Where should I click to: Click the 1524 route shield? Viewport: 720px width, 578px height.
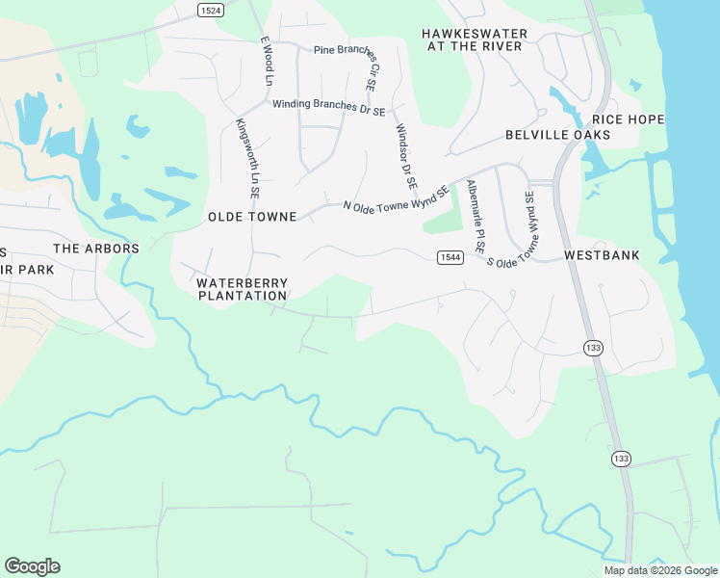pyautogui.click(x=210, y=10)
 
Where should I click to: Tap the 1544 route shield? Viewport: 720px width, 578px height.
pyautogui.click(x=450, y=256)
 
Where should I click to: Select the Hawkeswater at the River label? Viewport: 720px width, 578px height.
pyautogui.click(x=475, y=39)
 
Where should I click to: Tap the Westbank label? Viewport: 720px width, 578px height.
pyautogui.click(x=601, y=256)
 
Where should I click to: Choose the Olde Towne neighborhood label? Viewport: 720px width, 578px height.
pyautogui.click(x=252, y=218)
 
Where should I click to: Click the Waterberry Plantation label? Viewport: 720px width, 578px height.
pyautogui.click(x=243, y=289)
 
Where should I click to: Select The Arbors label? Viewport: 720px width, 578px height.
pyautogui.click(x=96, y=249)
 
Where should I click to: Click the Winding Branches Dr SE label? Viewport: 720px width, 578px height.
pyautogui.click(x=328, y=106)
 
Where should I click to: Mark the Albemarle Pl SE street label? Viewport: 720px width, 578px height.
pyautogui.click(x=476, y=217)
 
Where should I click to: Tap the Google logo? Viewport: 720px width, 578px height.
pyautogui.click(x=32, y=566)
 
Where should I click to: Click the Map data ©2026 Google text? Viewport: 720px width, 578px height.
pyautogui.click(x=660, y=570)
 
